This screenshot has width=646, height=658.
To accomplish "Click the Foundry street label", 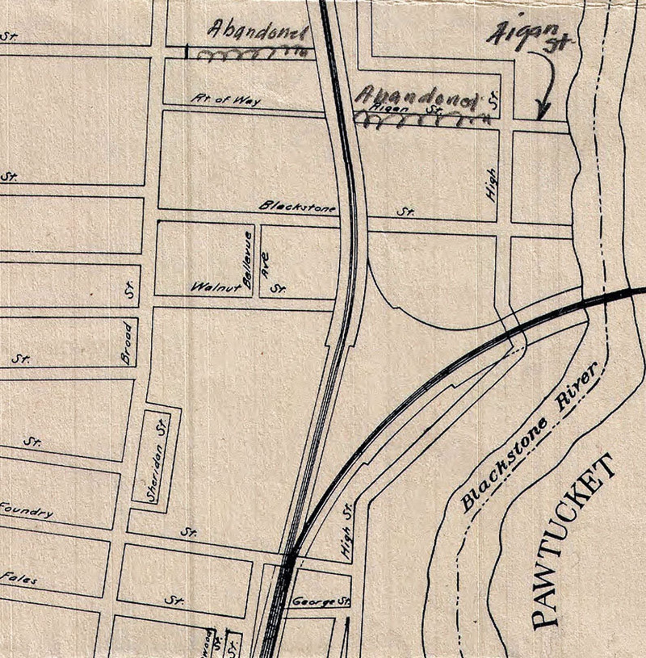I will pos(26,510).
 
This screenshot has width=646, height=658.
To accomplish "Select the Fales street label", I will pos(19,578).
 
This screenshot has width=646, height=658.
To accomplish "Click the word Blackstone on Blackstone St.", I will pos(297,207).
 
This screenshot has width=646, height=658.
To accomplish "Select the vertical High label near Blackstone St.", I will pos(492,185).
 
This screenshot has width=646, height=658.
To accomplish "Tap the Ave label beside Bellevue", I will pos(265,265).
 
